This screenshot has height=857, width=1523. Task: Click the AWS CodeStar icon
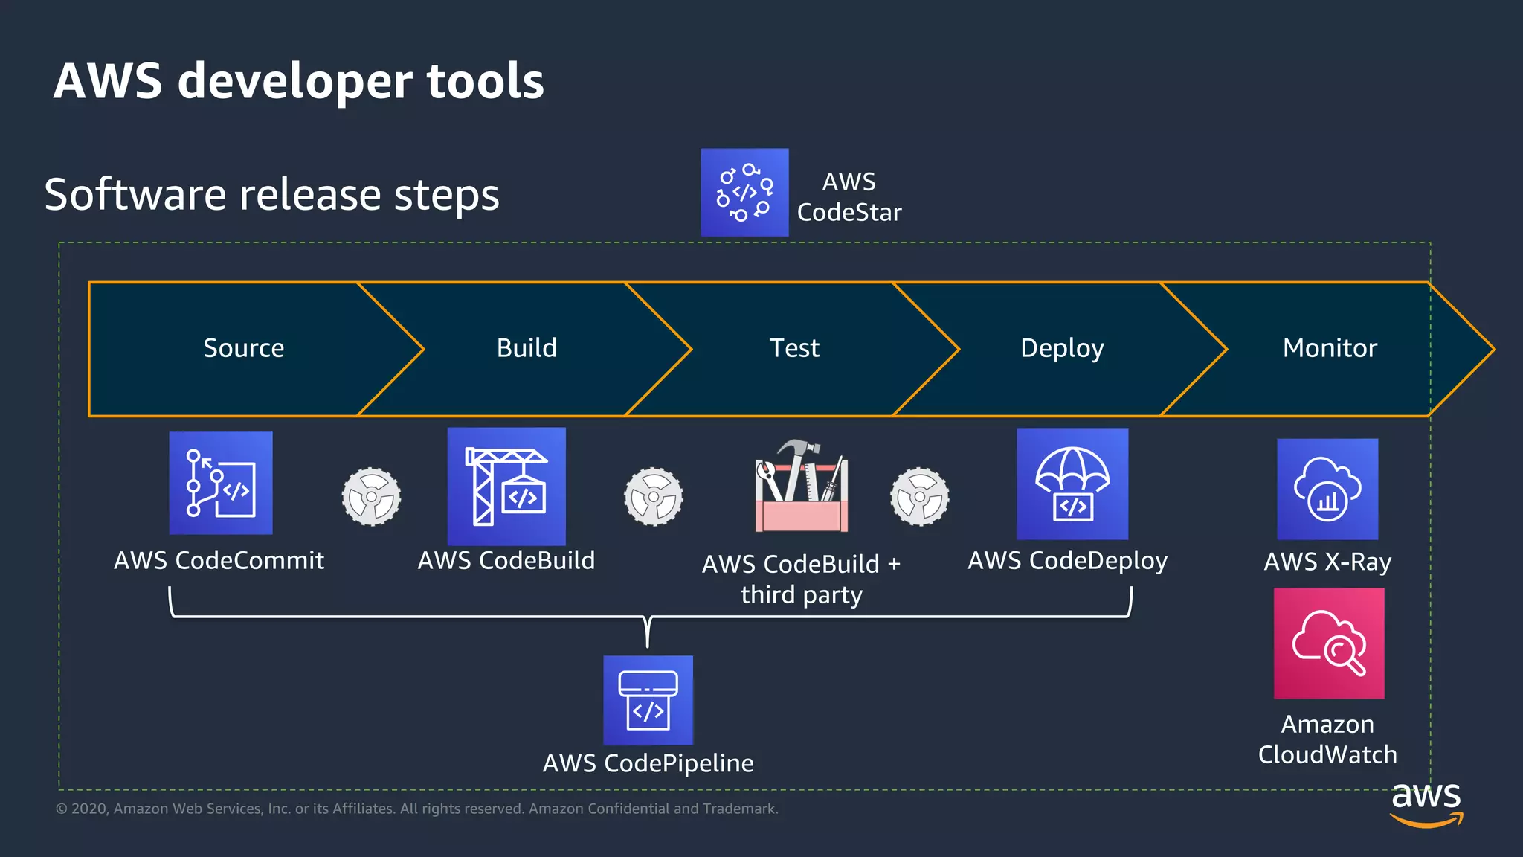[x=744, y=193]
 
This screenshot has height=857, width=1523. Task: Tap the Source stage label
[x=244, y=348]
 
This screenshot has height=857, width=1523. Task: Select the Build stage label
[x=527, y=348]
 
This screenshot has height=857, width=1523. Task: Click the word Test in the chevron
[x=794, y=348]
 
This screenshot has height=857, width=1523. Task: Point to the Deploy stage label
[x=1062, y=348]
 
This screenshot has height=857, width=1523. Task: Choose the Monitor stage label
[x=1330, y=348]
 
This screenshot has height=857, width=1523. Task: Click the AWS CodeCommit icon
[x=221, y=483]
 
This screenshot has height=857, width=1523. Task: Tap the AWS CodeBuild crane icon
[x=506, y=486]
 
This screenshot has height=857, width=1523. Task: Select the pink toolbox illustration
[x=802, y=487]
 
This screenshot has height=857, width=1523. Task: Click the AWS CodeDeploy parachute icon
[x=1072, y=484]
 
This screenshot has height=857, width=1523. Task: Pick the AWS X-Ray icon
[x=1327, y=489]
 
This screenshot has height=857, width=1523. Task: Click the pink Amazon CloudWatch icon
[x=1329, y=643]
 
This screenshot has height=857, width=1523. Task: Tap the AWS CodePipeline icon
[x=648, y=700]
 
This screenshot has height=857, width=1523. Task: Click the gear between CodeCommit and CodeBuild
[x=371, y=497]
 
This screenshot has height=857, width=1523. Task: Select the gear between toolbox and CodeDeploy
[x=920, y=497]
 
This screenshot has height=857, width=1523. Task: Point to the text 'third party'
[x=802, y=595]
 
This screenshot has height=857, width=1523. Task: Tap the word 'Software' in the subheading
[x=135, y=195]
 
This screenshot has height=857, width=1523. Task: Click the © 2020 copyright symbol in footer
[x=62, y=809]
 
